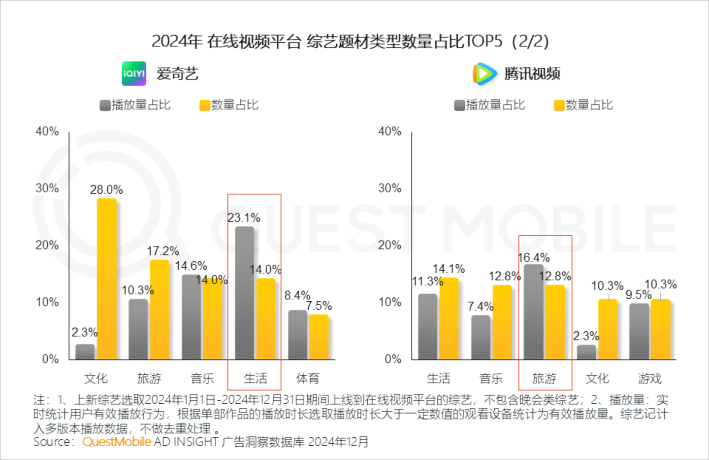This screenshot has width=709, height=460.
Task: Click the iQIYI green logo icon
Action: pos(134,73)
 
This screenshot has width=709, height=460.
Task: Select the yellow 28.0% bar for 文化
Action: pos(107,279)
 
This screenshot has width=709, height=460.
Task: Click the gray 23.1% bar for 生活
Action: pos(245,293)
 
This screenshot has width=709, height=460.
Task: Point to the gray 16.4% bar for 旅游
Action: pos(534,312)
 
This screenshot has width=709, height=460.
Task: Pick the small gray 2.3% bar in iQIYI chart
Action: pos(85,352)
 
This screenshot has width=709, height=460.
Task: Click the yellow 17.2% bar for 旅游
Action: pos(160,309)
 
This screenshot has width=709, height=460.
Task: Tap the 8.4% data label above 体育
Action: pos(297,295)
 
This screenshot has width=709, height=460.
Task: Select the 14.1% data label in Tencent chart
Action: pos(449,269)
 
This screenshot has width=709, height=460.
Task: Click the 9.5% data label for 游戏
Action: pos(639,295)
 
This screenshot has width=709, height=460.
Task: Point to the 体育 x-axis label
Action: pos(308,379)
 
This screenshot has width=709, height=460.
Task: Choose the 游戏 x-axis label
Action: pos(650,379)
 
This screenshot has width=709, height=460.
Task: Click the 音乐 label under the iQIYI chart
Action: pos(202,379)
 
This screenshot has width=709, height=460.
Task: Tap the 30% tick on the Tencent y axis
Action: pos(389,188)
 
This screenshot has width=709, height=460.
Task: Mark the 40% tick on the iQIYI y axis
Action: pos(47,132)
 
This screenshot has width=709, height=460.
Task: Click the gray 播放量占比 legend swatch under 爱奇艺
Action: pos(105,106)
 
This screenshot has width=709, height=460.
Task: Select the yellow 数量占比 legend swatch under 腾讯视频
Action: pos(559,106)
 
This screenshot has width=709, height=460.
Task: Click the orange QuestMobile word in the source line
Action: pos(117,442)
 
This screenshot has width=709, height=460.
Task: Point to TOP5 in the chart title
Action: pos(484,41)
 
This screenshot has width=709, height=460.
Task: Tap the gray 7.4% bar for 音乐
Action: pos(481,337)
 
